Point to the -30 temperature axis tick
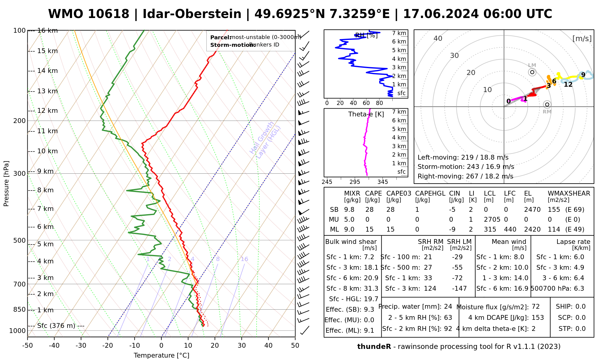81,346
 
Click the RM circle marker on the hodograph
547,104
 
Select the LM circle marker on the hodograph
532,72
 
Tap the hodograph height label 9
583,75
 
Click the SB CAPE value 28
369,210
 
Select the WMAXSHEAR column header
569,193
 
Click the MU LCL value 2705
492,220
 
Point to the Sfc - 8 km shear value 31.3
371,289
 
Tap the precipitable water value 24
448,307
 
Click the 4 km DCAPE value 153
538,318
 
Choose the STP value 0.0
580,329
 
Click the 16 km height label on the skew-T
47,31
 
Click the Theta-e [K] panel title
366,114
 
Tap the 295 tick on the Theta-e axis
355,182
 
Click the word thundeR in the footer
374,347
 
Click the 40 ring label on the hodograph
438,38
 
